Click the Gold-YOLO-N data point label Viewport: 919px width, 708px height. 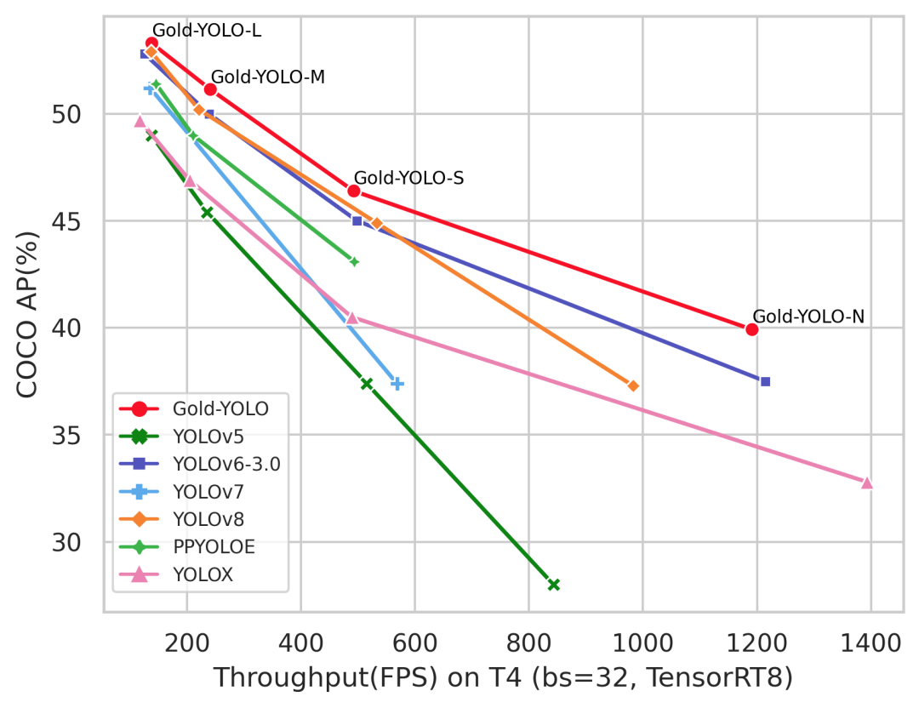click(x=808, y=317)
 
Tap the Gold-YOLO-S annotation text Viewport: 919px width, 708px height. click(x=408, y=178)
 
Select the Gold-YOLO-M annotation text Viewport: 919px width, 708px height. click(x=268, y=77)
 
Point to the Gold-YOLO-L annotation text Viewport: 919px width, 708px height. click(x=207, y=31)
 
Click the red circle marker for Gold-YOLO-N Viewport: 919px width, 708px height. click(x=751, y=329)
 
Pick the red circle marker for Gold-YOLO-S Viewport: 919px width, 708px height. click(x=354, y=191)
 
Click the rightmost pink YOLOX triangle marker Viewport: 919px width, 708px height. click(x=867, y=482)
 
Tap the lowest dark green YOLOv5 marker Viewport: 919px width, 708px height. click(x=554, y=585)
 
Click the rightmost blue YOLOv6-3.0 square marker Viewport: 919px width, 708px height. click(x=765, y=381)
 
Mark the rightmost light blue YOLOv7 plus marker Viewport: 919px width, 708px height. click(x=397, y=384)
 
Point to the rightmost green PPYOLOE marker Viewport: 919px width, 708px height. click(x=354, y=261)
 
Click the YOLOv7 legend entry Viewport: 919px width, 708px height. click(x=200, y=492)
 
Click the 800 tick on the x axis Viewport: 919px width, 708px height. click(x=528, y=641)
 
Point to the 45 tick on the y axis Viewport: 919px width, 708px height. click(x=72, y=221)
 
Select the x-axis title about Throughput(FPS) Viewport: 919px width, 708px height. click(x=502, y=678)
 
